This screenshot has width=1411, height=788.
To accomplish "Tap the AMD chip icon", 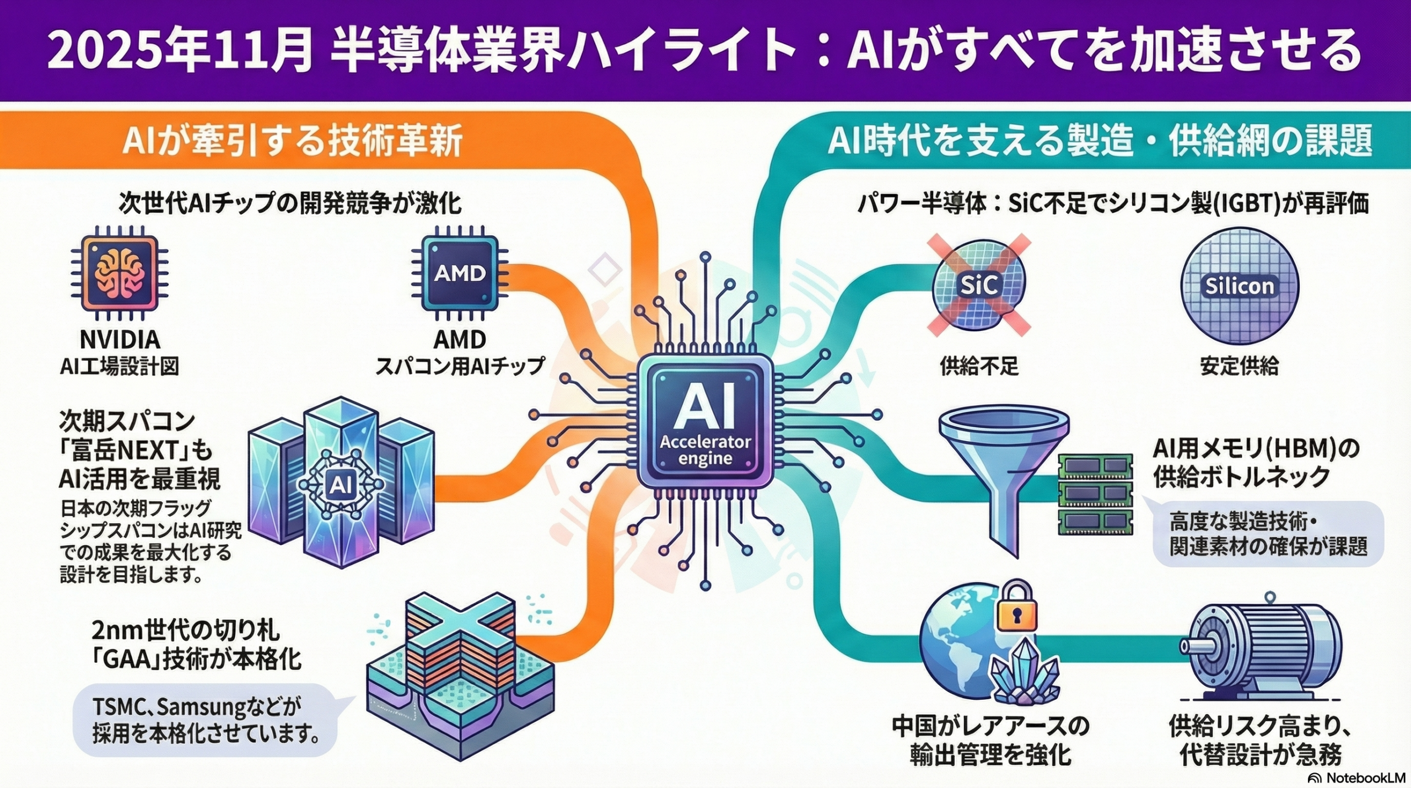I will (460, 273).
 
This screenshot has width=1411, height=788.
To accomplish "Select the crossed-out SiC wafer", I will (979, 285).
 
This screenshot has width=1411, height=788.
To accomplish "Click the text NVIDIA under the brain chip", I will (120, 340).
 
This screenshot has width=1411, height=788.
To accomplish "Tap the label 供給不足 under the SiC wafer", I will (979, 366).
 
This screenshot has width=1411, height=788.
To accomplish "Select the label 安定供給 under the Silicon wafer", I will (1239, 366).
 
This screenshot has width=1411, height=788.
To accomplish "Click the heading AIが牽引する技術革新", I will (292, 143).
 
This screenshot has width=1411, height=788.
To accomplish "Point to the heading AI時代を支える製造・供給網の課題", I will (1100, 142).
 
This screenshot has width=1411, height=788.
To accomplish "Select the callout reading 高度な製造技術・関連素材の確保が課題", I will (1268, 534).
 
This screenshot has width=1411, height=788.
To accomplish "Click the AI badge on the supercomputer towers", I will (338, 485).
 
